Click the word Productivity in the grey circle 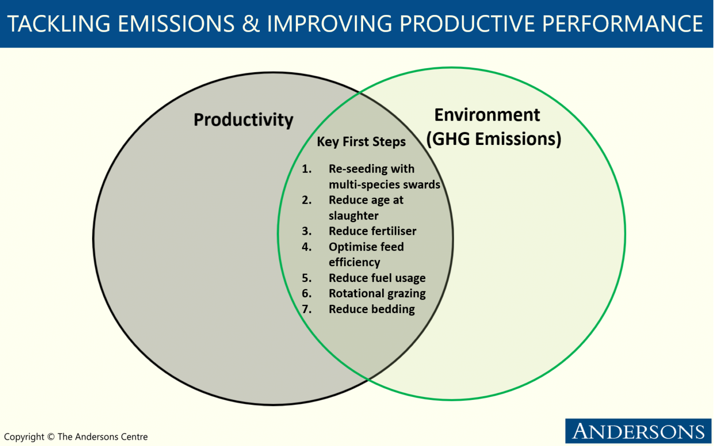click(243, 120)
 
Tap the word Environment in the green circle click(487, 115)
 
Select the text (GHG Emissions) click(493, 139)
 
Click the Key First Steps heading click(361, 142)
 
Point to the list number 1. click(306, 169)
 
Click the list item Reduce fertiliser click(372, 231)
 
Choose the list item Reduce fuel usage click(377, 278)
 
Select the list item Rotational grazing click(377, 293)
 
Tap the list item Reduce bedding click(371, 309)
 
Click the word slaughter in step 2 click(353, 216)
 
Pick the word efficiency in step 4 click(354, 262)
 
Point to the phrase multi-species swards click(384, 185)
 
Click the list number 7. click(306, 309)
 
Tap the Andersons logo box click(638, 431)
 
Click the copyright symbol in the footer click(51, 436)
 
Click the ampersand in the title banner click(250, 23)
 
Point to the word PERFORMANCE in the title click(622, 23)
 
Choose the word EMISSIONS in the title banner click(176, 23)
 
